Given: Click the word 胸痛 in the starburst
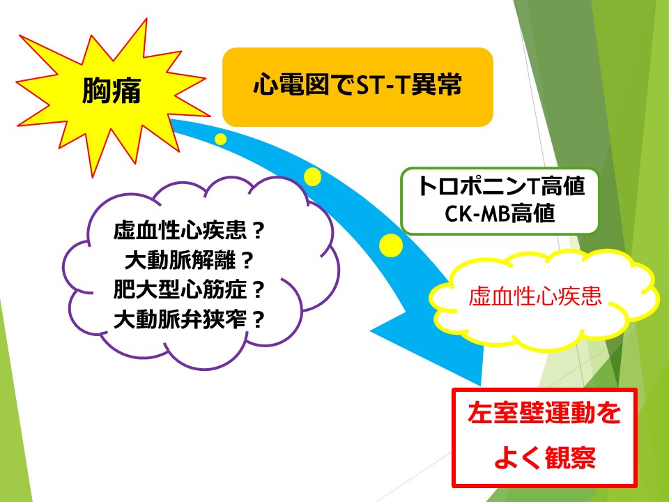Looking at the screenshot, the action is (x=111, y=91).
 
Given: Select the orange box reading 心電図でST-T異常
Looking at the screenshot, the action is (x=357, y=87).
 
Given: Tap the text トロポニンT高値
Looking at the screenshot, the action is (x=500, y=186).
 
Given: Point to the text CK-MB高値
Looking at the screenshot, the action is (x=500, y=213).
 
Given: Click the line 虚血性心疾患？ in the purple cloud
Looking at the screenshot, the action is (x=190, y=230).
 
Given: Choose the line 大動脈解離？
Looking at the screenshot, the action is (x=190, y=260).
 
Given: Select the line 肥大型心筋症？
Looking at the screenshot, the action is (x=190, y=289).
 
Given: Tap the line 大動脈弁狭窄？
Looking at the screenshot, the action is (x=190, y=319).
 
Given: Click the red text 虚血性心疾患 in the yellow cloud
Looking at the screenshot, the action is (x=535, y=296).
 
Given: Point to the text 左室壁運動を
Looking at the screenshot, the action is (x=544, y=413).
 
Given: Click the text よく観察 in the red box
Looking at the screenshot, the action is (x=545, y=457).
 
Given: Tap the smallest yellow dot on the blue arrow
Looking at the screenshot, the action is (x=221, y=139).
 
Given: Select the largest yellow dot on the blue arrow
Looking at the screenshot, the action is (x=391, y=245).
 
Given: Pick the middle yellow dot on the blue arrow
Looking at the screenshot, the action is (x=312, y=176).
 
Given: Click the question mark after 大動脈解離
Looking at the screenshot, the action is (x=247, y=260).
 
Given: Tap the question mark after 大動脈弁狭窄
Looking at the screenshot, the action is (x=258, y=319).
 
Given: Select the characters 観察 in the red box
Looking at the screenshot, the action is (x=571, y=457).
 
